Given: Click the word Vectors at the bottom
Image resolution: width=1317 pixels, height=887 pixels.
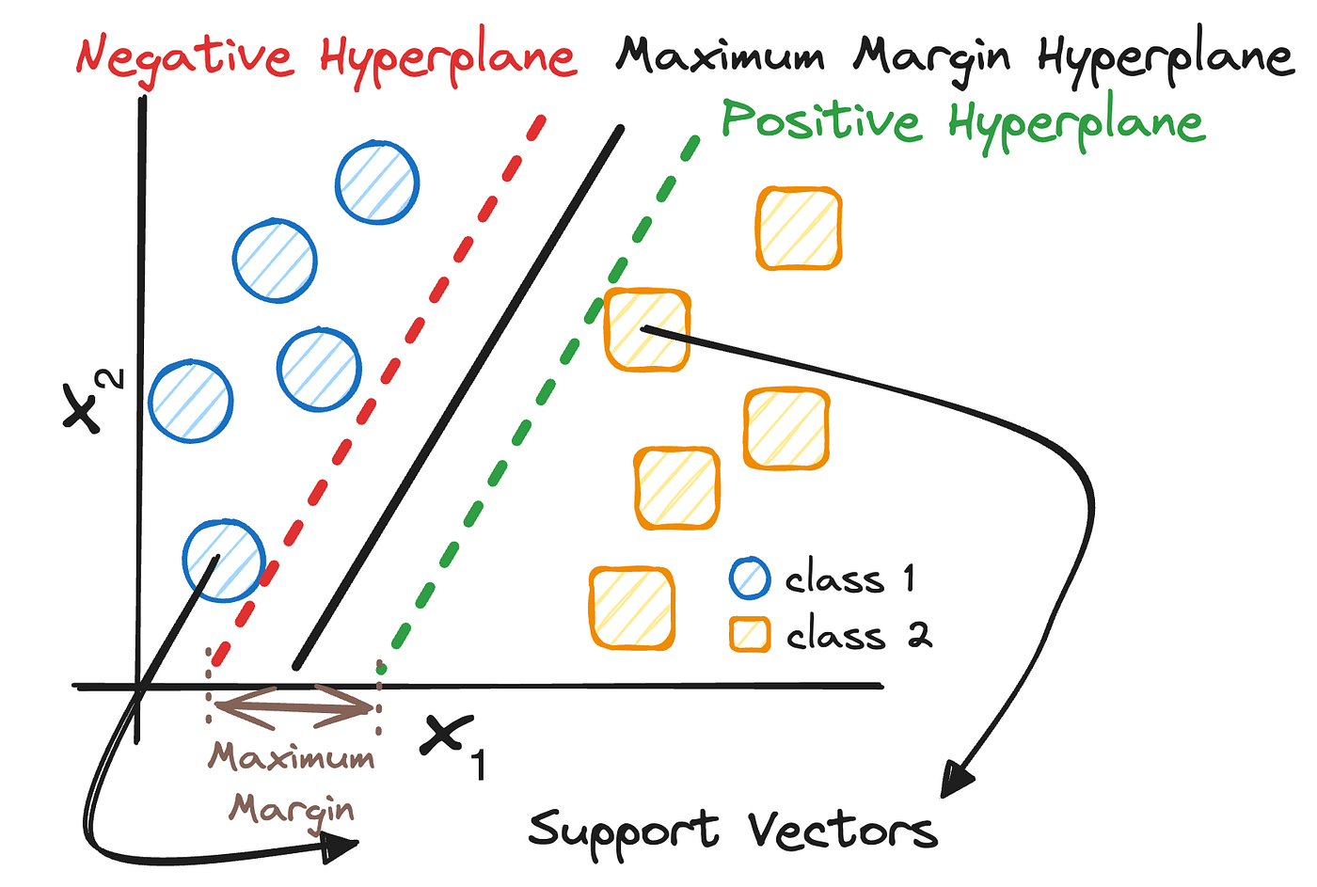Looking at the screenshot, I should [843, 831].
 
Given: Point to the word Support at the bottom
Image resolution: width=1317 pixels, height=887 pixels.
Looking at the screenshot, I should [625, 831].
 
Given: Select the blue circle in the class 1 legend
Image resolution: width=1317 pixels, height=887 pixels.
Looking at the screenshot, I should [750, 578].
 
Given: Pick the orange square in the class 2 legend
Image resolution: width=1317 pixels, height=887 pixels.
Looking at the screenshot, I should [750, 635].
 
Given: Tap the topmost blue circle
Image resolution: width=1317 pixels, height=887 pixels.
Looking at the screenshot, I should [377, 182].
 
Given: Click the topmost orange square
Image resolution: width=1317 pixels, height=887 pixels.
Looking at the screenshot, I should [799, 229].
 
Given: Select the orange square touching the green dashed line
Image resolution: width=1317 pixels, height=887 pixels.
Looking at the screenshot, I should [646, 330].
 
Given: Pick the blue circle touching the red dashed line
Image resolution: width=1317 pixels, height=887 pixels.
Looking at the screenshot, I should [223, 561].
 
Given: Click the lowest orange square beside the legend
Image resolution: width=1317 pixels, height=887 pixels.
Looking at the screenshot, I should [631, 608].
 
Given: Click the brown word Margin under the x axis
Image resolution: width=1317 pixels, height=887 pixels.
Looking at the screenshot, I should [293, 810].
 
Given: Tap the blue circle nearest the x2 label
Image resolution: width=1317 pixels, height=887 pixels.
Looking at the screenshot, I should [191, 401].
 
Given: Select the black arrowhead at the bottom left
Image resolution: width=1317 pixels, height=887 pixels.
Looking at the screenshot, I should [339, 848].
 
